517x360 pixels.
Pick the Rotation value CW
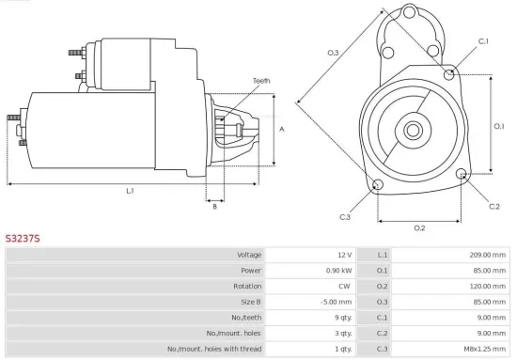tap(345, 286)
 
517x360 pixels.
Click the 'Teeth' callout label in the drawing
tap(260, 81)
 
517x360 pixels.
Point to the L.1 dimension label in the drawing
tap(130, 192)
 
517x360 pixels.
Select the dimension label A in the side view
tap(282, 128)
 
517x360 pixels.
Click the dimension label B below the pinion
tap(214, 207)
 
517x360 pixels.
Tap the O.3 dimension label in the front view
tap(333, 53)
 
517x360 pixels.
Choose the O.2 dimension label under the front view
tap(419, 227)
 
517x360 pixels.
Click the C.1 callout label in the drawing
tap(483, 41)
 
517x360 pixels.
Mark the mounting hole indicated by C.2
tap(462, 175)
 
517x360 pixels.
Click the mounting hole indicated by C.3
tap(378, 184)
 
